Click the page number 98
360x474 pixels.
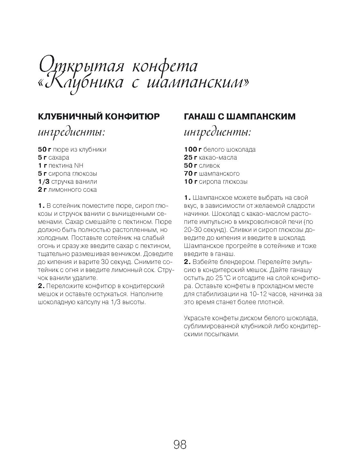pyautogui.click(x=180, y=445)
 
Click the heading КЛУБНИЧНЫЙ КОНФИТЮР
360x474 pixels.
pyautogui.click(x=99, y=116)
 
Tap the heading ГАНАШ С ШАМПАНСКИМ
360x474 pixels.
pyautogui.click(x=240, y=116)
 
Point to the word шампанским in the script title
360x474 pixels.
pyautogui.click(x=196, y=83)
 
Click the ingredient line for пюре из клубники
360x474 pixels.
pyautogui.click(x=72, y=149)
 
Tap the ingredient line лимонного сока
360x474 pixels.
pyautogui.click(x=67, y=189)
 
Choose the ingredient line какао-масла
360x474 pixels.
pyautogui.click(x=210, y=157)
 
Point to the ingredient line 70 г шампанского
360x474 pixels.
pyautogui.click(x=212, y=173)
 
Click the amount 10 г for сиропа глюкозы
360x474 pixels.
pyautogui.click(x=191, y=181)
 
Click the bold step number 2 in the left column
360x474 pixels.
pyautogui.click(x=41, y=286)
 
